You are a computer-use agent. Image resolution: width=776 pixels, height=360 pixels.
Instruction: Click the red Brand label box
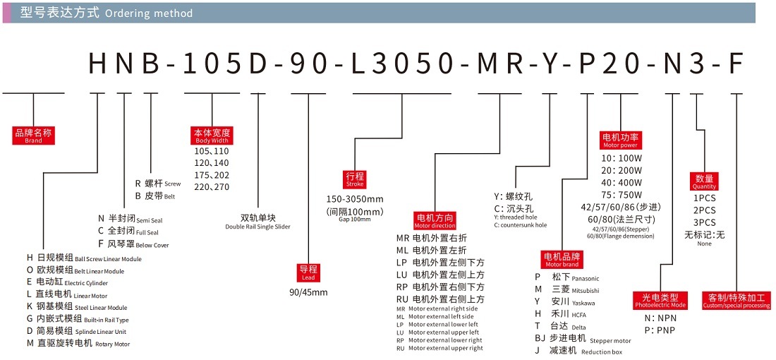coord(34,136)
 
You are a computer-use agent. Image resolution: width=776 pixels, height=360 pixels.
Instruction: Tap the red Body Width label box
coord(212,136)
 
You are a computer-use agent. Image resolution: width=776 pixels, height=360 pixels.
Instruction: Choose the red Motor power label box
coord(620,140)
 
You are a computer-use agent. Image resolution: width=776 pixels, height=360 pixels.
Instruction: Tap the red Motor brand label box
coord(562,260)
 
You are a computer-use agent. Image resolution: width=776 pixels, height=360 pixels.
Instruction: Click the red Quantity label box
coord(704,181)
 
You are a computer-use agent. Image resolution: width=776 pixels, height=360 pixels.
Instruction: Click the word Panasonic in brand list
coord(585,279)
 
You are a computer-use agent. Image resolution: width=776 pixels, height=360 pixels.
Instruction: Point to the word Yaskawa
coord(583,303)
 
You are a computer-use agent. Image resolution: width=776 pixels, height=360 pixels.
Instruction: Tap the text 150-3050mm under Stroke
coord(355,199)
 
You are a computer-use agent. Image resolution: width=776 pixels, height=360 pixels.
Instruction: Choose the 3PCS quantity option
coord(704,222)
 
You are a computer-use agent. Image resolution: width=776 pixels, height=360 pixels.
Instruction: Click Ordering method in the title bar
coord(149,13)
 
